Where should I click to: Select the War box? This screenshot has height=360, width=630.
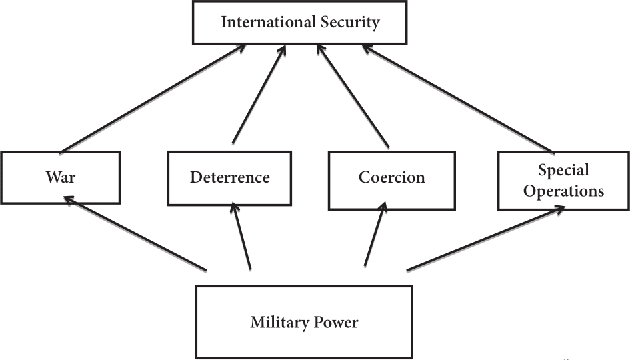(x=61, y=177)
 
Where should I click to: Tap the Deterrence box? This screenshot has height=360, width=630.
(x=230, y=177)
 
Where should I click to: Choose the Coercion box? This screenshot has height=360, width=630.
(x=391, y=178)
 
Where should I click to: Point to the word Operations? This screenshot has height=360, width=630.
(x=563, y=191)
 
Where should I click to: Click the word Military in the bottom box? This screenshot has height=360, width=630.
(x=278, y=323)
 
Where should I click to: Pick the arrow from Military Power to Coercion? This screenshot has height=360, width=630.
(x=374, y=237)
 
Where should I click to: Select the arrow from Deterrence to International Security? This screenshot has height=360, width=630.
(x=259, y=94)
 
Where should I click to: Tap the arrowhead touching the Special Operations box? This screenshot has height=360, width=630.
(x=559, y=208)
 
